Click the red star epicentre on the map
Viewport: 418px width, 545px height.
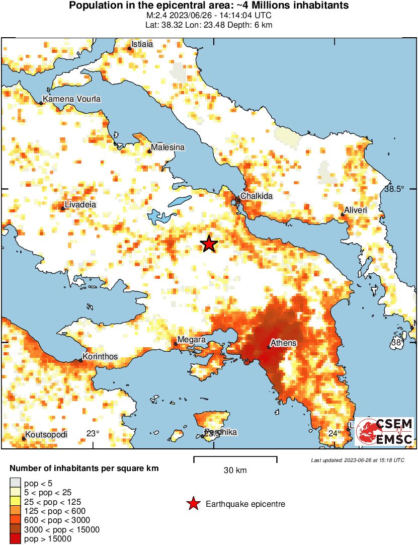coord(209,244)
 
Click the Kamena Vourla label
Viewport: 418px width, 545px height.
coord(71,99)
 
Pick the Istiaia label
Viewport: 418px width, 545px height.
coord(142,44)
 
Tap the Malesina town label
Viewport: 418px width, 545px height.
coord(168,147)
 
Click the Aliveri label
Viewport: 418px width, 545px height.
coord(356,210)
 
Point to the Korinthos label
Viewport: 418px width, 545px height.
coord(100,357)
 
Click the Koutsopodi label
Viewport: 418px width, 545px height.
coord(47,435)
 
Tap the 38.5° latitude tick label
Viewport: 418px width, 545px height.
coord(394,189)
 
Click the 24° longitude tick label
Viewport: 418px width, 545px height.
coord(335,434)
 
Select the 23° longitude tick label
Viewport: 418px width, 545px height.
coord(93,434)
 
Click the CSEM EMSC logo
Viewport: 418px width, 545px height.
coord(384,431)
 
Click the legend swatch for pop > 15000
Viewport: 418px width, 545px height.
coord(16,538)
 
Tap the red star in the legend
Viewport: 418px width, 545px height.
coord(193,504)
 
